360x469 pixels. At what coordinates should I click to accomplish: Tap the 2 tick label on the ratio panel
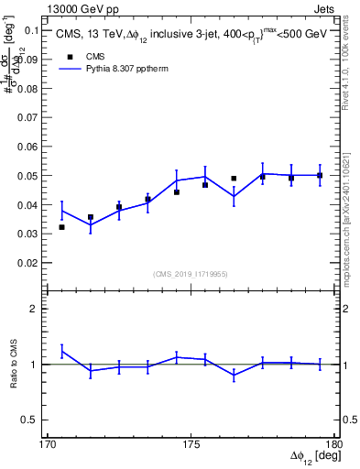pyautogui.click(x=36, y=309)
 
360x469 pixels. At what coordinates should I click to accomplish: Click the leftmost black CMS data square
pyautogui.click(x=61, y=227)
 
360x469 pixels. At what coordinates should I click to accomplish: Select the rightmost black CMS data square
pyautogui.click(x=320, y=175)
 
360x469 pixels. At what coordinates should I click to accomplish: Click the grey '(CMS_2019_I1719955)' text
pyautogui.click(x=191, y=274)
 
